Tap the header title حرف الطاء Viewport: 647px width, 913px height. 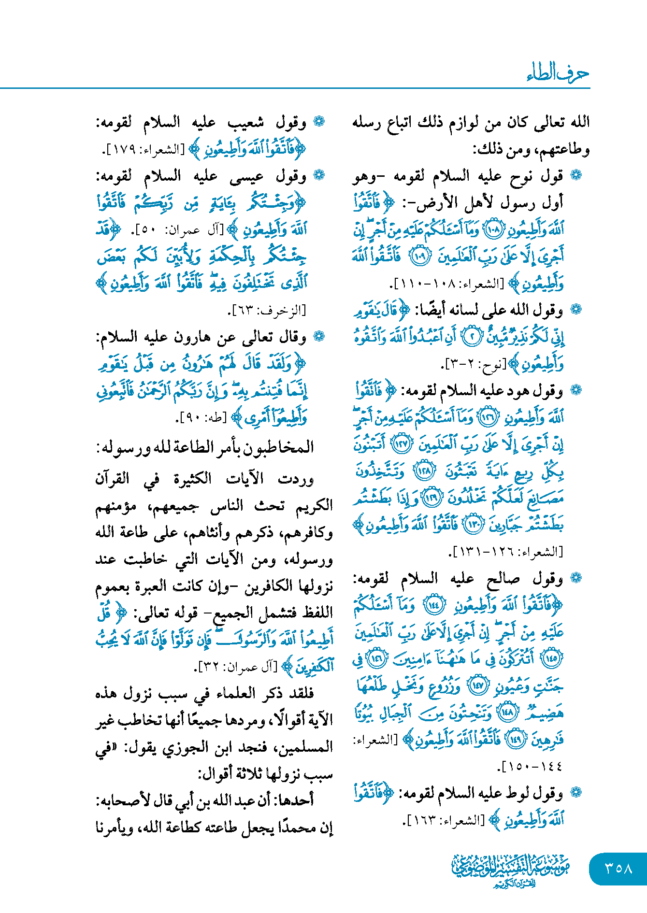(x=558, y=73)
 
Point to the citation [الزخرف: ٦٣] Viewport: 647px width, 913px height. (x=267, y=310)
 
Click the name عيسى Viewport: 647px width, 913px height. (x=246, y=177)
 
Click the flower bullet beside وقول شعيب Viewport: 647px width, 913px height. (x=319, y=122)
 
